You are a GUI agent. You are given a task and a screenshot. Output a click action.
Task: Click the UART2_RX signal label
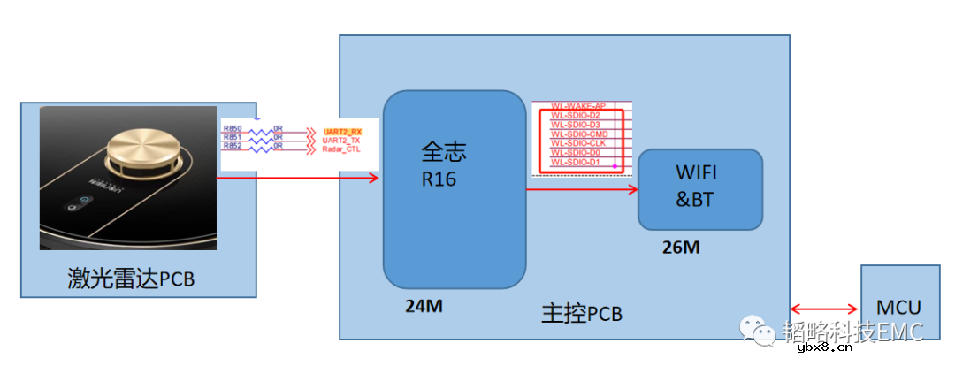(342, 132)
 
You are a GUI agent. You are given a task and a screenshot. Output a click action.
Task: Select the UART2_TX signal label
(342, 141)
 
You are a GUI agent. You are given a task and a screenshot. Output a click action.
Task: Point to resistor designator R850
(233, 130)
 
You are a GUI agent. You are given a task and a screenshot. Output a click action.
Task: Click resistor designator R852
(233, 147)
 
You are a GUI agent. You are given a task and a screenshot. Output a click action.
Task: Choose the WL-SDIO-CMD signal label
(579, 134)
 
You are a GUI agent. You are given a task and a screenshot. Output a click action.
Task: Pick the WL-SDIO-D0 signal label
(576, 153)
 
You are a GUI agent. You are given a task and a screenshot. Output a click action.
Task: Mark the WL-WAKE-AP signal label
(578, 106)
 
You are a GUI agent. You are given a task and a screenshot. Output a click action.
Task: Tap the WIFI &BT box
(699, 188)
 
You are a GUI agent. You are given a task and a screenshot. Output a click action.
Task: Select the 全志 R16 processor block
(455, 188)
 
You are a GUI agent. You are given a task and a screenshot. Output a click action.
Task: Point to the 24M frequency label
(424, 307)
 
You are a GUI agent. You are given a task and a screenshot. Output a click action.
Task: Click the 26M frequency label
(680, 248)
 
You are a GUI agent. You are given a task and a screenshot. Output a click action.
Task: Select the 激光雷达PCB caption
(131, 279)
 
